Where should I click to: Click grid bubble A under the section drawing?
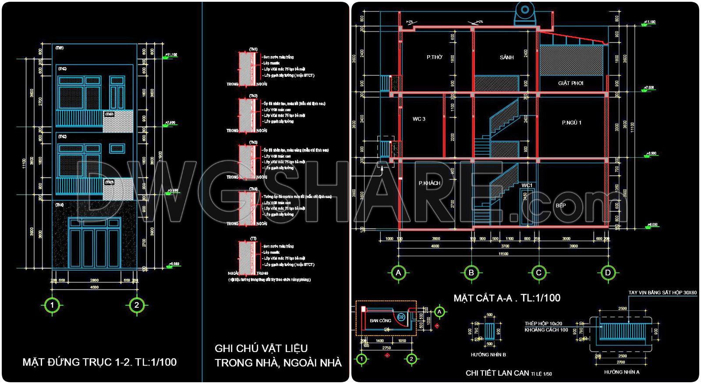[x=398, y=273]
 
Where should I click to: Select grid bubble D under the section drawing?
[x=608, y=273]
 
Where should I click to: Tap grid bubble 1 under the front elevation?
[x=52, y=305]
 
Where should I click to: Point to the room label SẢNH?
[x=506, y=57]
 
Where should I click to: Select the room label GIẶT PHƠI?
[x=570, y=83]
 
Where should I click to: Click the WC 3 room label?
[x=419, y=119]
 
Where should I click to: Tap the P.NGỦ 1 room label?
[x=571, y=123]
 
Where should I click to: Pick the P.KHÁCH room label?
[x=429, y=183]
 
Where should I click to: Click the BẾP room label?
[x=560, y=205]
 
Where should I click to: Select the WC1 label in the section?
[x=527, y=185]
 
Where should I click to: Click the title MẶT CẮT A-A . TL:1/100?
[x=507, y=298]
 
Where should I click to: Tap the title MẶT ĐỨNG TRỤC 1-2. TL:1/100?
[x=99, y=362]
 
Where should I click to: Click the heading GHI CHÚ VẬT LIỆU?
[x=261, y=348]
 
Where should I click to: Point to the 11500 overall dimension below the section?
[x=503, y=254]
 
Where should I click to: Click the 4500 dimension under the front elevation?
[x=94, y=287]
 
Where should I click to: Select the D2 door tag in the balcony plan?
[x=400, y=317]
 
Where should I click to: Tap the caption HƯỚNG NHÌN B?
[x=488, y=354]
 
